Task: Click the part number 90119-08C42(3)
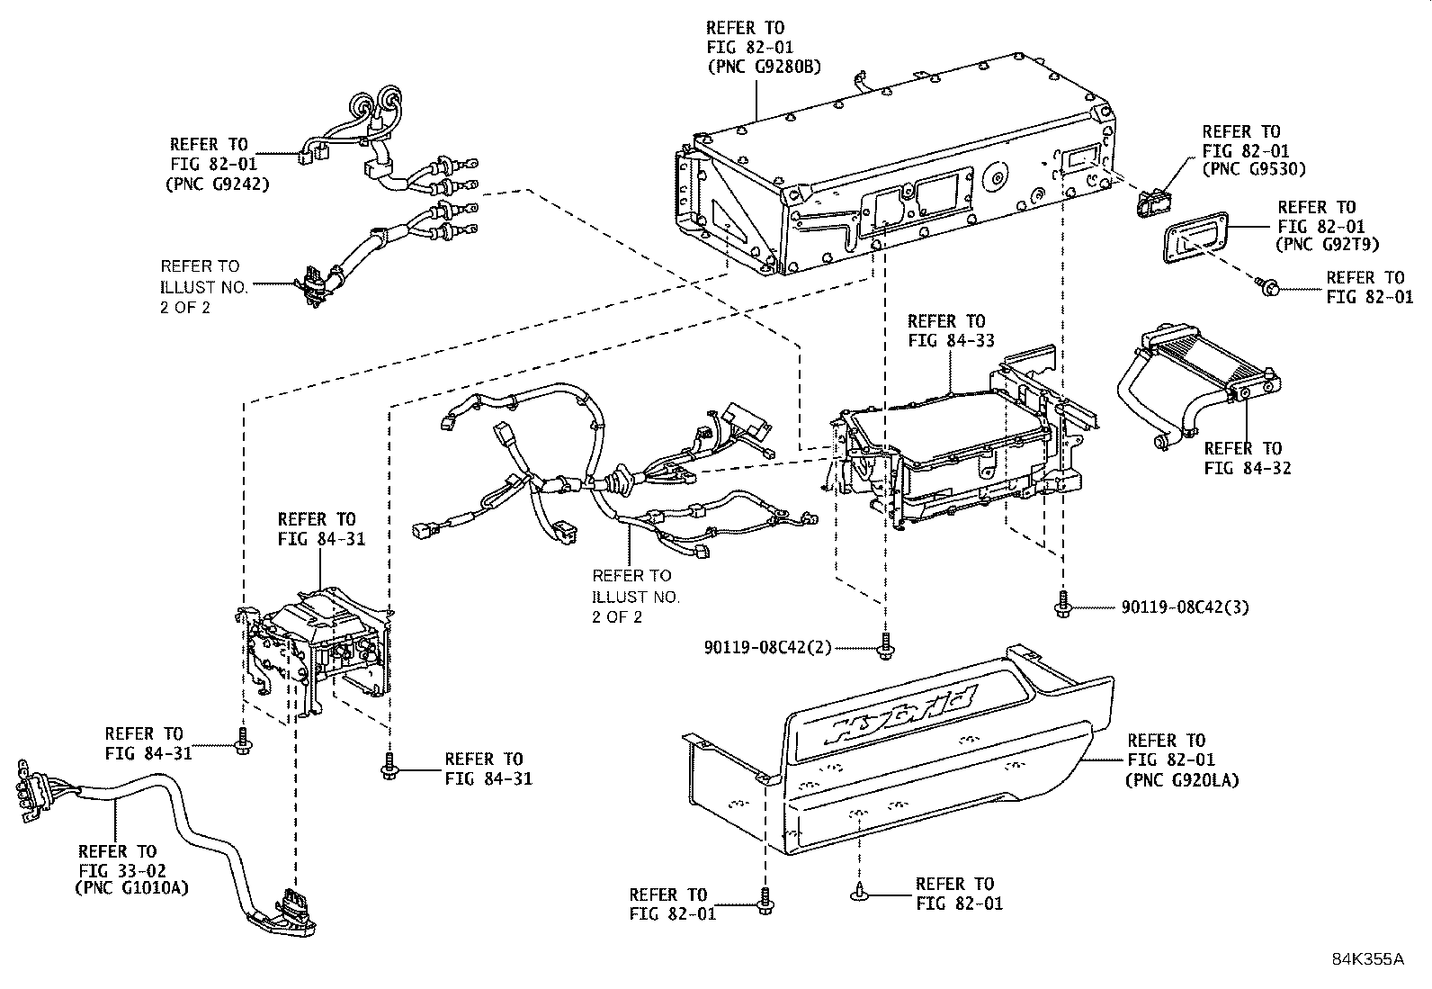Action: pyautogui.click(x=1185, y=607)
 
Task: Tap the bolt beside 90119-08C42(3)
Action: pyautogui.click(x=1063, y=604)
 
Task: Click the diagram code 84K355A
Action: pyautogui.click(x=1367, y=958)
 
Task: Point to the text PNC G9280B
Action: pyautogui.click(x=764, y=67)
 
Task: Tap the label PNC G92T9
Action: pyautogui.click(x=1328, y=245)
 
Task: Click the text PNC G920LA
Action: pyautogui.click(x=1181, y=780)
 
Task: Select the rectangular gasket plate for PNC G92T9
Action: pyautogui.click(x=1193, y=241)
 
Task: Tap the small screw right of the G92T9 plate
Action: pyautogui.click(x=1269, y=287)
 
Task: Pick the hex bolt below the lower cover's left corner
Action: pyautogui.click(x=765, y=901)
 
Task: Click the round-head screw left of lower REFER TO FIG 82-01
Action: pyautogui.click(x=857, y=893)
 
